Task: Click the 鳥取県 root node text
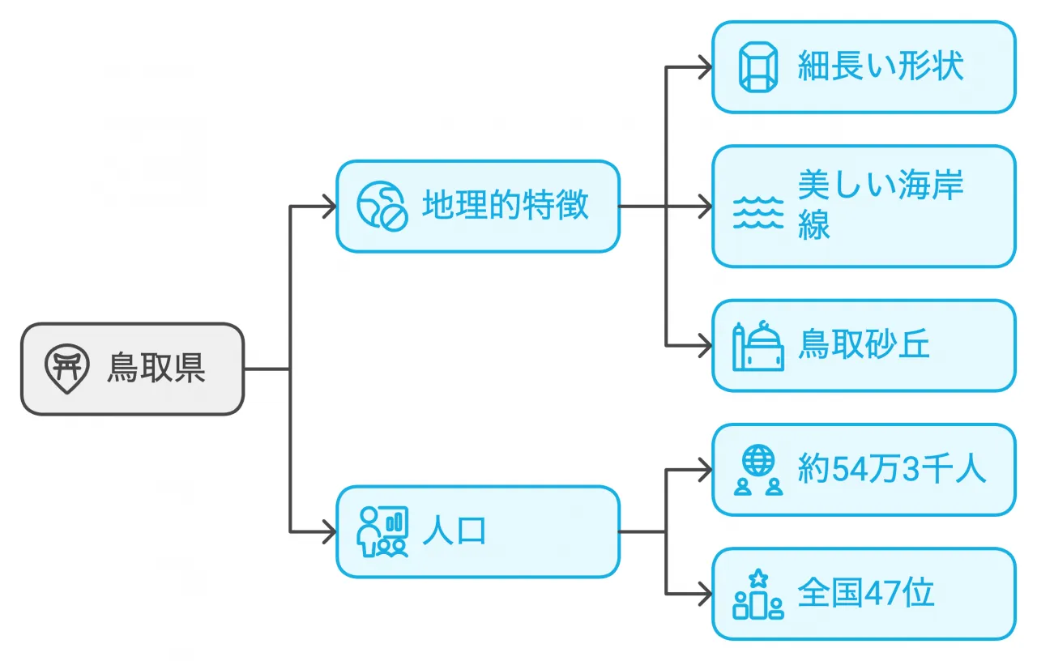[156, 369]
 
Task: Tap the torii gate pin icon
[66, 369]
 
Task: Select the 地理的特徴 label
[506, 206]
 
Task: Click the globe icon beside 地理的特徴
[381, 206]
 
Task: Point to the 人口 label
[454, 532]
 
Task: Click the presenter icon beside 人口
[382, 532]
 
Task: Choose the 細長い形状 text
[881, 66]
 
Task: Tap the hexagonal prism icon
[757, 66]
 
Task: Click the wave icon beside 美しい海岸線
[757, 212]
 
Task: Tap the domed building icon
[757, 346]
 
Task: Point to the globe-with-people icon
[757, 470]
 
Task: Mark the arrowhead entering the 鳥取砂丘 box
[706, 346]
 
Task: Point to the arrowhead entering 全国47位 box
[706, 594]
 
